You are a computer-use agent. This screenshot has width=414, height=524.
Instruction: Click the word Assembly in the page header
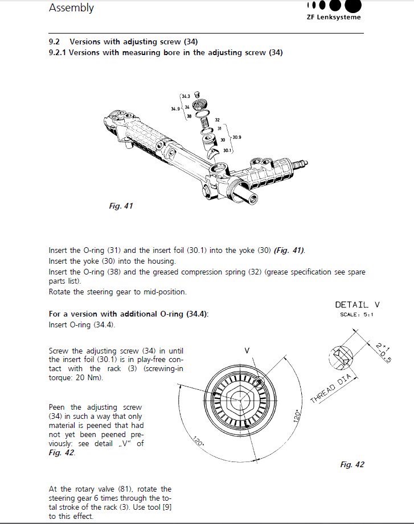(x=71, y=8)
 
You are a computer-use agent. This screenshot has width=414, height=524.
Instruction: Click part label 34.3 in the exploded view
(x=186, y=97)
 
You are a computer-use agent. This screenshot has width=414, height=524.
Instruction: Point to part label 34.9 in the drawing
(x=175, y=108)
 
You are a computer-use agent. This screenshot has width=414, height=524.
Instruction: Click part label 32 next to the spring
(x=218, y=120)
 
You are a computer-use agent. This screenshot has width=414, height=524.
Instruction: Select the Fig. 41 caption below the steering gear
(x=121, y=206)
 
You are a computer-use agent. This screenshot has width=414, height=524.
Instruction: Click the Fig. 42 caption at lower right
(x=352, y=464)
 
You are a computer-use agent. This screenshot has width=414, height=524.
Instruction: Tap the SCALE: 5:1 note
(x=356, y=314)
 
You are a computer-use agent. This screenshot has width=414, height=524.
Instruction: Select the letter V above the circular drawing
(x=247, y=351)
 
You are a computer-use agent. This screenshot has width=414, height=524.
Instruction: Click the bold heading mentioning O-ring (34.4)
(x=129, y=314)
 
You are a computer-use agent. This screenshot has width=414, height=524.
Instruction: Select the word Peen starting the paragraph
(x=58, y=407)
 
